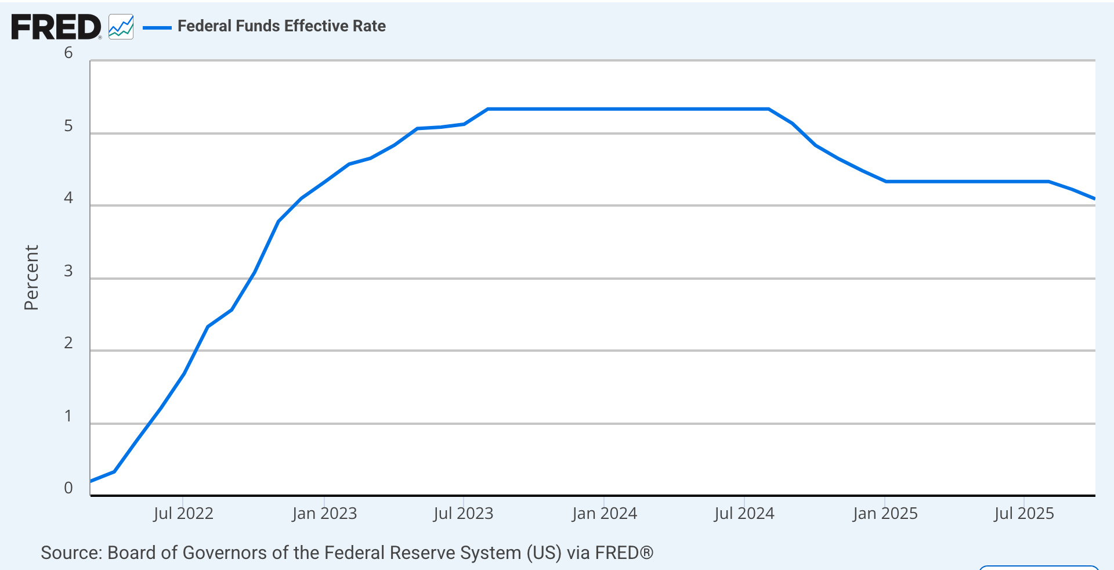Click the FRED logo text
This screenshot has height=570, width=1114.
(x=56, y=27)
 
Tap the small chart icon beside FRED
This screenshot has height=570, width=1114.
(x=121, y=27)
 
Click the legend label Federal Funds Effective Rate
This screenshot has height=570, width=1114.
(x=281, y=26)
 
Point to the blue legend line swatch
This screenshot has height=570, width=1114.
(x=157, y=27)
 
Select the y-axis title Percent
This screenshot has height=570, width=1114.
(x=31, y=277)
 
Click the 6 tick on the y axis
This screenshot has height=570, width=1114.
(x=68, y=53)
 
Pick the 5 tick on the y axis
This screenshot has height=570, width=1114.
(x=68, y=126)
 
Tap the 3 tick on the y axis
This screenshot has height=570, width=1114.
(x=68, y=271)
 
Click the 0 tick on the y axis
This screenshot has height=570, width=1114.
(x=68, y=488)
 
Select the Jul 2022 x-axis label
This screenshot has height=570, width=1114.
(x=183, y=514)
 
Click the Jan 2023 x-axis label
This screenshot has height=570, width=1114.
(x=324, y=514)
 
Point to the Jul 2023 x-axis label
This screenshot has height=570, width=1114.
(x=463, y=514)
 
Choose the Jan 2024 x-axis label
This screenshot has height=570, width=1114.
(x=604, y=514)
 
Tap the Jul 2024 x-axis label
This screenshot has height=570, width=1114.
(x=744, y=514)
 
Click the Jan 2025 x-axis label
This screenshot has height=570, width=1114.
(x=885, y=514)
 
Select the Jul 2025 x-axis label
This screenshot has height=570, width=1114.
(x=1024, y=514)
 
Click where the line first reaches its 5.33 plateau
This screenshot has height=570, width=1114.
(x=488, y=109)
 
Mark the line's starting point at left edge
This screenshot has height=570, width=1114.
(x=92, y=481)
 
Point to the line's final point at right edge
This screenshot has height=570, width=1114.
(x=1094, y=199)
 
